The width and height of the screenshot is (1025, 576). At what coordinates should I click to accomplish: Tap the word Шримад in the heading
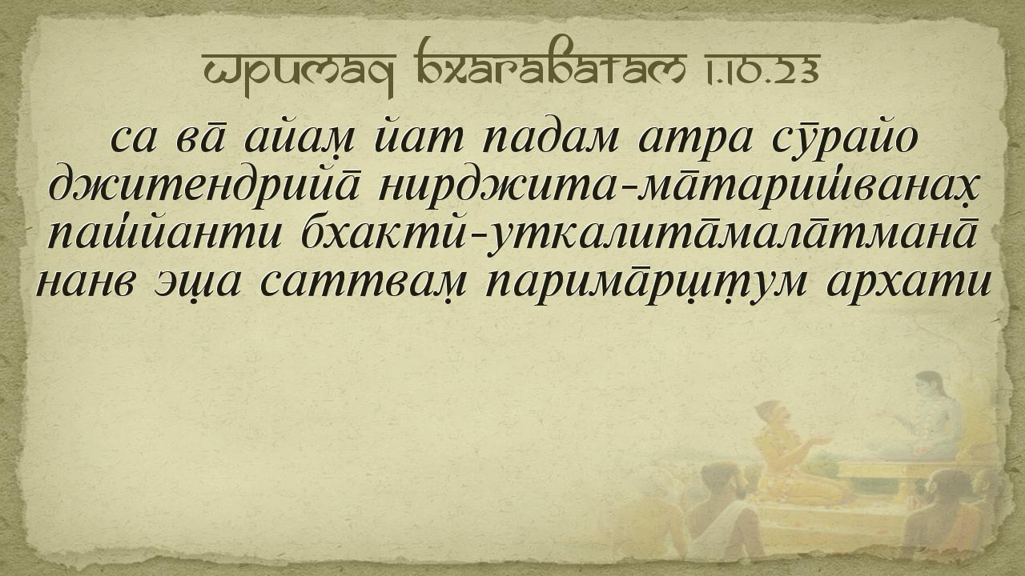[299, 72]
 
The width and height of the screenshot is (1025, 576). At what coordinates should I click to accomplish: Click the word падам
[549, 139]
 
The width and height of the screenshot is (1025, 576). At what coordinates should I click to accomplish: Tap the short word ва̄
[199, 139]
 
